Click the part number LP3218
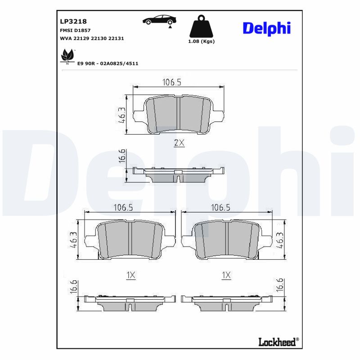(73, 21)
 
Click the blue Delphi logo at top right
(266, 28)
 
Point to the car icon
(159, 20)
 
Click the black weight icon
(201, 27)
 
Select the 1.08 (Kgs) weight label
(201, 41)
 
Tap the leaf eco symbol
(67, 56)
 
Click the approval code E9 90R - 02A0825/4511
(108, 64)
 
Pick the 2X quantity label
(179, 143)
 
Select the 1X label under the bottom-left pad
(130, 275)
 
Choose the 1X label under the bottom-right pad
(226, 275)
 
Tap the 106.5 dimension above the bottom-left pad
(124, 207)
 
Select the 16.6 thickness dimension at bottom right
(279, 286)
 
